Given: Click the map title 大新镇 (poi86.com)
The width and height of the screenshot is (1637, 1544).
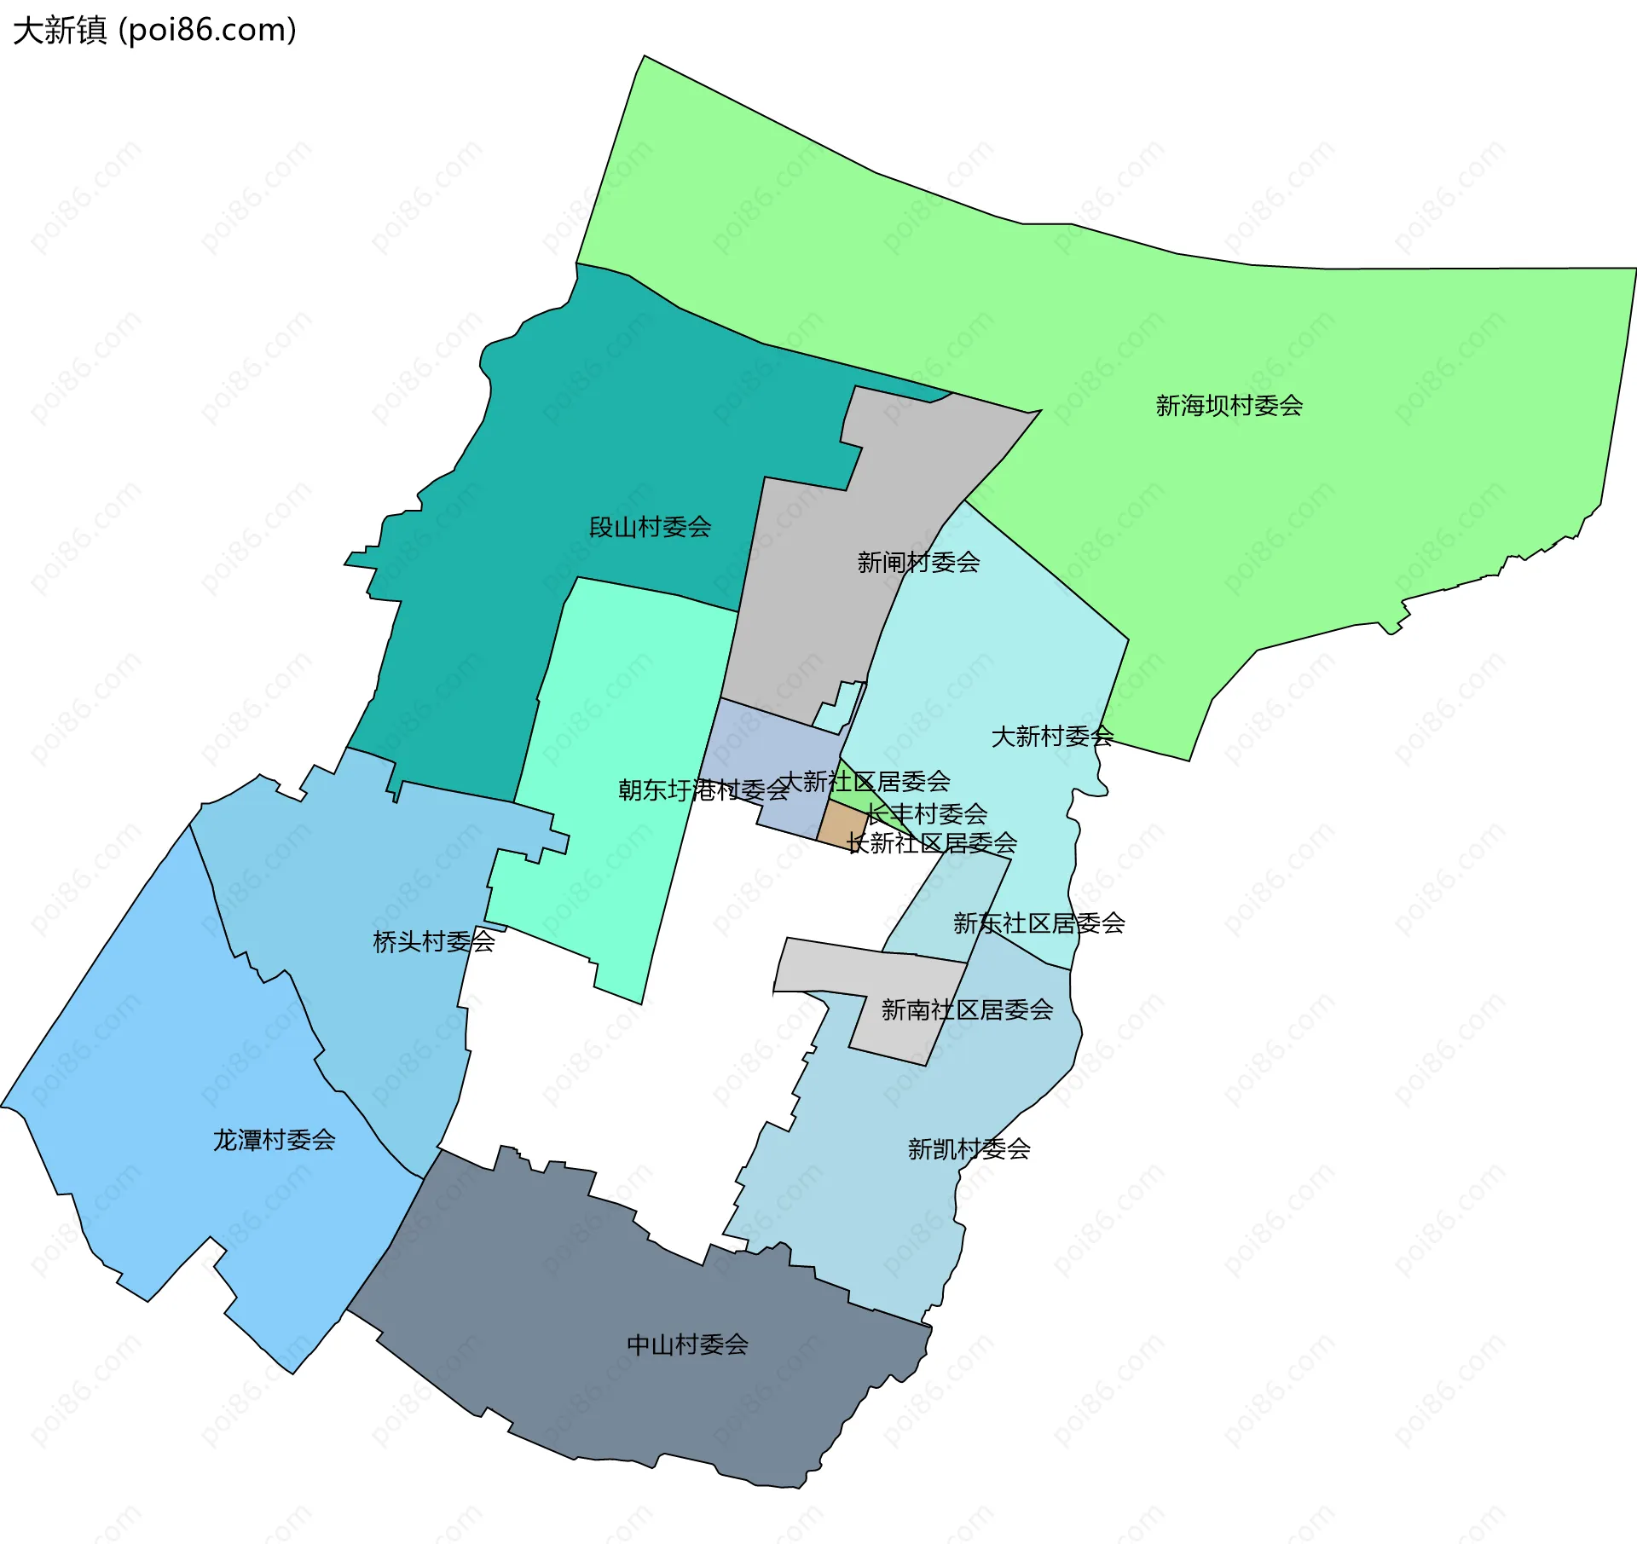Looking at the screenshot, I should point(154,31).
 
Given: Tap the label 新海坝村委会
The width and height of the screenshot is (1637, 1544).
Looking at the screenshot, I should point(1229,406).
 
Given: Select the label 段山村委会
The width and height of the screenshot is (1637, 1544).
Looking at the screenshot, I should point(650,527).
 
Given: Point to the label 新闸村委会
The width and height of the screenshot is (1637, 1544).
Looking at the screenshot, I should point(918,563).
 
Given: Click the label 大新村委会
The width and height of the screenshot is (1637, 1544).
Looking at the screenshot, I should point(1052,737).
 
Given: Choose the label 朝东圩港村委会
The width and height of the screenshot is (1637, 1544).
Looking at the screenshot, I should point(703,790).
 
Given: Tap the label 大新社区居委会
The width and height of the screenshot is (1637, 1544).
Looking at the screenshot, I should point(865,781).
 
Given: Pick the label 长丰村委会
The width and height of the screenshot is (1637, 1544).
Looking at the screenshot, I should point(927,813).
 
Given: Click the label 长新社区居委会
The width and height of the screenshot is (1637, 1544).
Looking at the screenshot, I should point(932,843).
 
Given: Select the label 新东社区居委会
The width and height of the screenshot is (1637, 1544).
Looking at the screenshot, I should point(1038,923).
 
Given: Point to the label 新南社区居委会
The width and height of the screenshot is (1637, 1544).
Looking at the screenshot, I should point(967,1010).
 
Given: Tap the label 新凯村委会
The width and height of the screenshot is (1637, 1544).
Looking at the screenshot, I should point(969,1149).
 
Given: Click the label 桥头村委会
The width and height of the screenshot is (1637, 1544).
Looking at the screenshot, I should point(434,942).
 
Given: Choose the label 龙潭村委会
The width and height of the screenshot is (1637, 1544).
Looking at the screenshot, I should point(274,1140).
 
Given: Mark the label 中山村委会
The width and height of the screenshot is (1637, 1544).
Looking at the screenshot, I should point(687,1344).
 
